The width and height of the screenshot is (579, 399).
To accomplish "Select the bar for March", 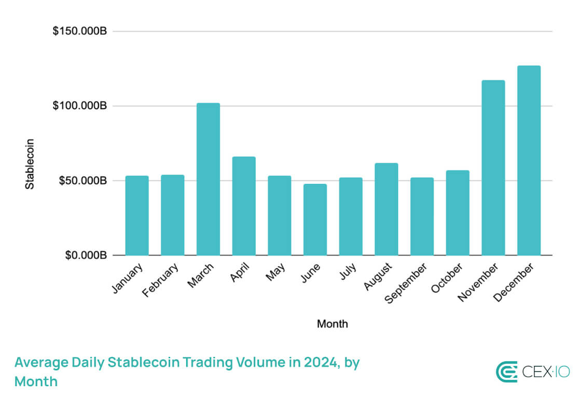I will point(208,179).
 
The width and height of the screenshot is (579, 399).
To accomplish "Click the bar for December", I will point(529,160).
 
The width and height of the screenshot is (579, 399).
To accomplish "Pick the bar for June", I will point(315,219).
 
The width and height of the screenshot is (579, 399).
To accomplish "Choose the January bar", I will point(137,215).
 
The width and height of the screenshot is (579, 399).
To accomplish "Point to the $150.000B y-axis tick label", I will point(80,32).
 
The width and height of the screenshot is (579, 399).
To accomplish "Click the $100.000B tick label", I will point(80,106).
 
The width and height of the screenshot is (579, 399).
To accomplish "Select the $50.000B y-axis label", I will point(82,181).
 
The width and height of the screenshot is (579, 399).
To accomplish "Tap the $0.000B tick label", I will point(85,255).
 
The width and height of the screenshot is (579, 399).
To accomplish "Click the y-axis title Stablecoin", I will point(30,163).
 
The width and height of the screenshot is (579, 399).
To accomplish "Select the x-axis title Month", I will point(333,324).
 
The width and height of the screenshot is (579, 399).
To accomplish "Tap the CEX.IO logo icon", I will point(506,372).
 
